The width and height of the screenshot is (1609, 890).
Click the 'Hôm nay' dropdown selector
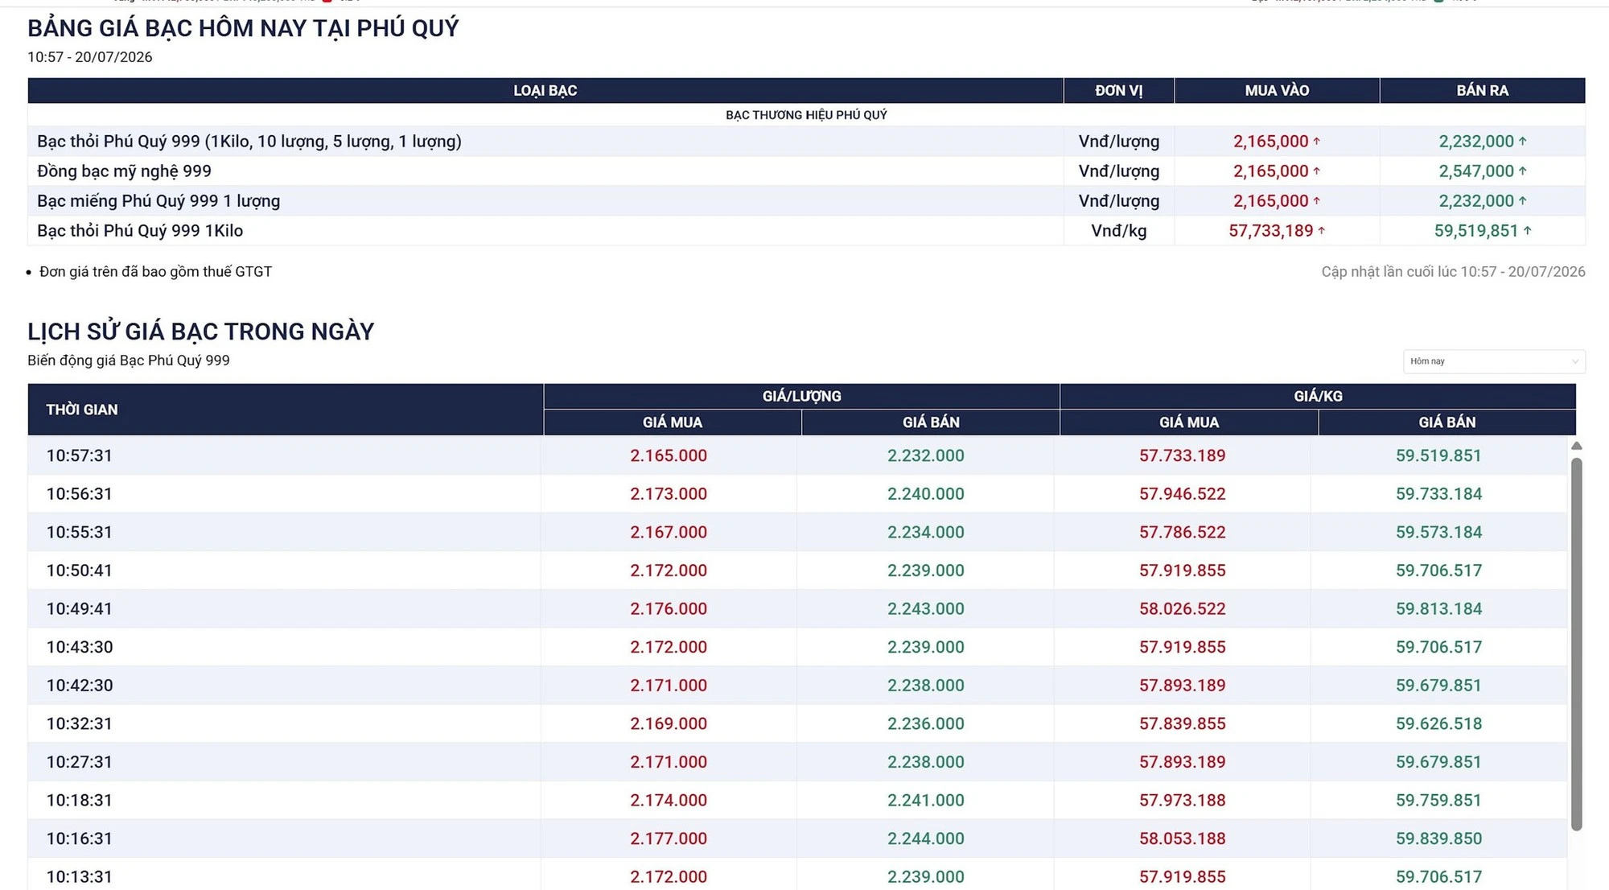[x=1494, y=361]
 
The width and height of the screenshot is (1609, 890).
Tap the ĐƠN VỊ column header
[x=1118, y=91]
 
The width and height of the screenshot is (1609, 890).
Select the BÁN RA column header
[x=1482, y=91]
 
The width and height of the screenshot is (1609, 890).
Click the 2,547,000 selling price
[x=1476, y=171]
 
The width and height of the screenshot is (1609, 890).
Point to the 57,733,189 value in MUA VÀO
[x=1270, y=231]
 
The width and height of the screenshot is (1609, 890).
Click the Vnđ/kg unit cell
[x=1118, y=231]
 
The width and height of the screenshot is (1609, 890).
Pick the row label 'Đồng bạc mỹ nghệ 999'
[x=124, y=171]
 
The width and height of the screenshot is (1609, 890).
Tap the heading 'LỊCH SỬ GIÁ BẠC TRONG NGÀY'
[x=201, y=332]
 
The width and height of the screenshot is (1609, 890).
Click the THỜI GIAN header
[x=82, y=410]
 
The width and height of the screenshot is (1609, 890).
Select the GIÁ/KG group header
[x=1318, y=396]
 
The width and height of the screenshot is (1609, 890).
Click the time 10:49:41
[x=79, y=608]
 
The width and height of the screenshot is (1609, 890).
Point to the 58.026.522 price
[x=1182, y=608]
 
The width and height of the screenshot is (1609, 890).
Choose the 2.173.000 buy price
[x=669, y=493]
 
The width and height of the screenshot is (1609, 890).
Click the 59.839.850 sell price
[x=1438, y=838]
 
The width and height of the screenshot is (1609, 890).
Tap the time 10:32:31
[x=79, y=723]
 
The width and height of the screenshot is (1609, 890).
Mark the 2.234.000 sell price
[x=925, y=532]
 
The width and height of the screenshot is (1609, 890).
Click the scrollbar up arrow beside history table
[x=1577, y=446]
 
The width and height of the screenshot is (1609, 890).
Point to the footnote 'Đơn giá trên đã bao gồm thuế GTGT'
[x=155, y=272]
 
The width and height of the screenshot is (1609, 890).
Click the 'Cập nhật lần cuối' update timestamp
[x=1453, y=272]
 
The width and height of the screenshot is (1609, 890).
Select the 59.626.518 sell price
[x=1438, y=723]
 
